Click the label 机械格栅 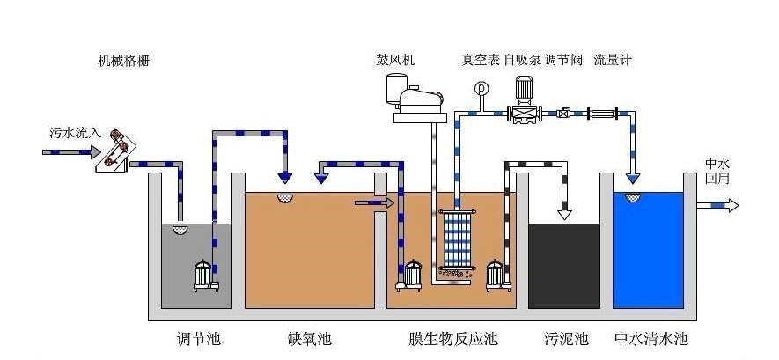(x=129, y=61)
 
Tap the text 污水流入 (x=72, y=134)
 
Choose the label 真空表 (x=481, y=61)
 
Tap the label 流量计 (x=613, y=61)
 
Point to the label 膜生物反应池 (x=452, y=339)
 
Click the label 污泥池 (x=566, y=339)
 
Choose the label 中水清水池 (x=650, y=339)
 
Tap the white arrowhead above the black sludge (x=564, y=214)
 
